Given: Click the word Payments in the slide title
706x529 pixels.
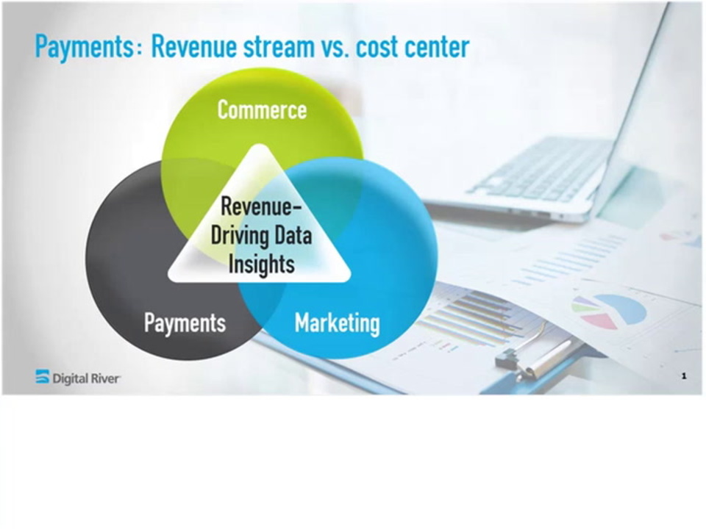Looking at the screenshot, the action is [84, 46].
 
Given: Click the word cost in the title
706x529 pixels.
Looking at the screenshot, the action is [375, 46].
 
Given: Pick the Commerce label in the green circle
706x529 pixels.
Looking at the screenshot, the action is [262, 109].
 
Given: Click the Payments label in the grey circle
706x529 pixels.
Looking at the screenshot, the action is [185, 323].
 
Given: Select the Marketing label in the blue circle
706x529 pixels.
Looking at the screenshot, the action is [338, 323].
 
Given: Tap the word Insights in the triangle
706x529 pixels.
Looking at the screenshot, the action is [262, 264].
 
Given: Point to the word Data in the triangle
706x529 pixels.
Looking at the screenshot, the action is [293, 235].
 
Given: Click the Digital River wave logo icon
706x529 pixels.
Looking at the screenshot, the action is [43, 376].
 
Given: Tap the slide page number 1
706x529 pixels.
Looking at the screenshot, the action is [684, 375].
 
